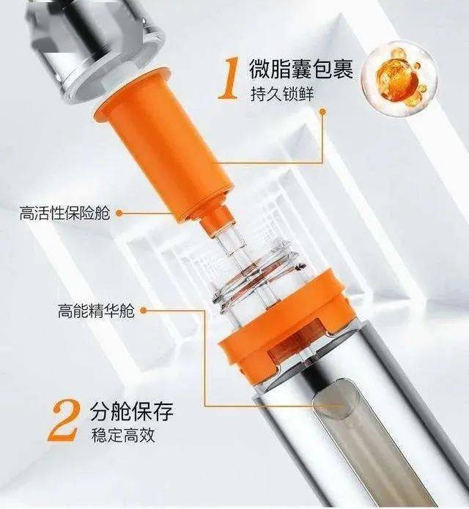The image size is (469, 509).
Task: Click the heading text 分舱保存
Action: [131, 411]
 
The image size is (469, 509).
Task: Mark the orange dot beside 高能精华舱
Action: [144, 311]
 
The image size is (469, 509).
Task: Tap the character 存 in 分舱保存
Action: [163, 411]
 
